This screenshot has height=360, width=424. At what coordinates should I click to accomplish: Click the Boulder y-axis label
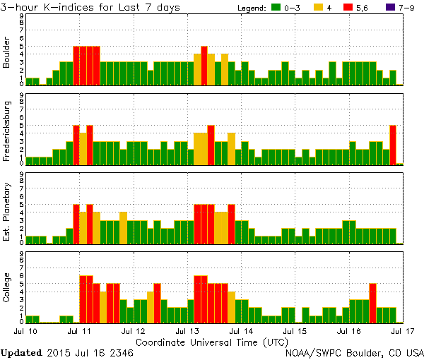(x=7, y=53)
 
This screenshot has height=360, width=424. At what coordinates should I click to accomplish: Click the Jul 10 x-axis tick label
(x=25, y=330)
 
